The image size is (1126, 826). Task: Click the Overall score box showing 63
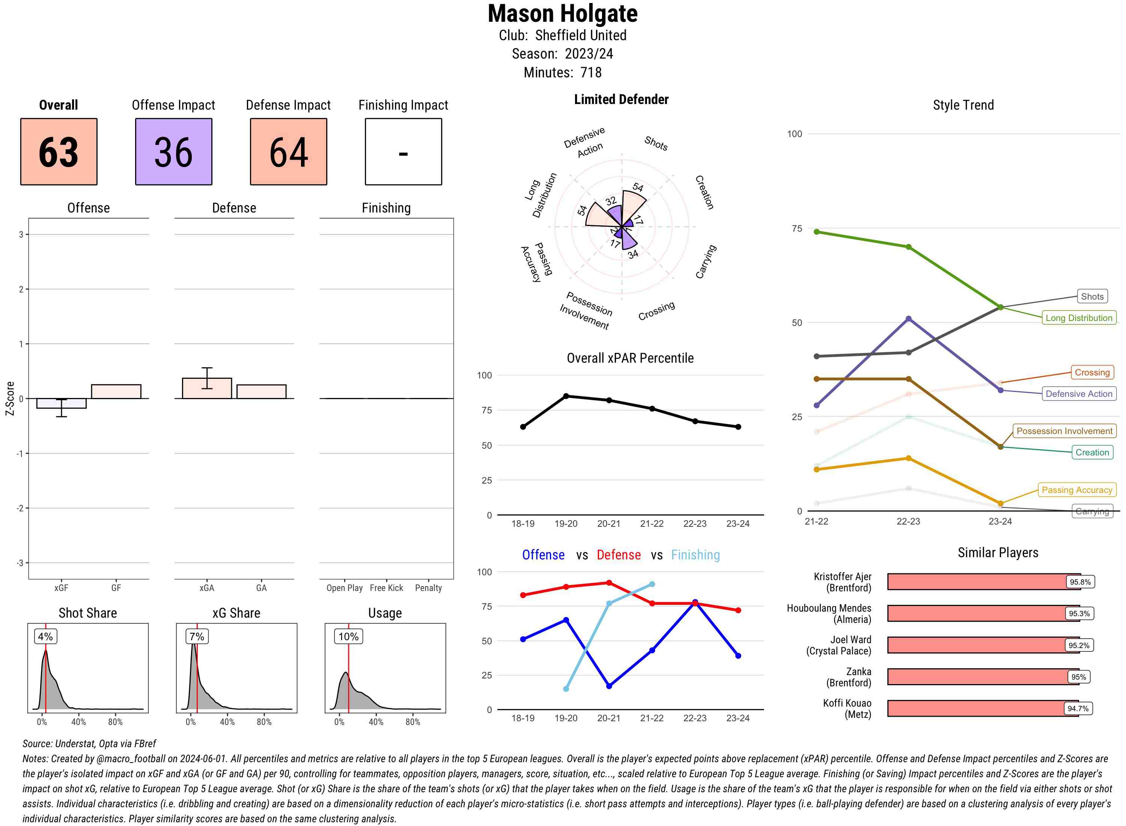coord(59,152)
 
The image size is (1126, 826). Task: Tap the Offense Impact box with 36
coord(173,152)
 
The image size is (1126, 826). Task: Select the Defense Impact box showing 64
coord(288,152)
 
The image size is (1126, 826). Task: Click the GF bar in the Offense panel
coord(116,392)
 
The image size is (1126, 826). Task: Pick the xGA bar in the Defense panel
coord(207,389)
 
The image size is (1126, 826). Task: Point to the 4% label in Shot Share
coord(45,636)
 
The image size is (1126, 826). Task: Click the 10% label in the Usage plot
coord(348,636)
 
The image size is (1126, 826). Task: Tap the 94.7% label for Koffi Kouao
coord(1078,708)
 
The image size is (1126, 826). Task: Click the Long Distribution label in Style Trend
coord(1079,318)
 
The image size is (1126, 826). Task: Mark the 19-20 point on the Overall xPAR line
coord(566,396)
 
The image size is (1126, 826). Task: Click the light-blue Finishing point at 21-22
coord(652,584)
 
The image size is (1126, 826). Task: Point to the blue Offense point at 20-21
coord(609,686)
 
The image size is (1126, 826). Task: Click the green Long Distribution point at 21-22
coord(816,232)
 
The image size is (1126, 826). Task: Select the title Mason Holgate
coord(562,14)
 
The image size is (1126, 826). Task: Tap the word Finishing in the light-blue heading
coord(695,555)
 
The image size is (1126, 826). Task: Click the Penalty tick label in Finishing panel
coord(428,588)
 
